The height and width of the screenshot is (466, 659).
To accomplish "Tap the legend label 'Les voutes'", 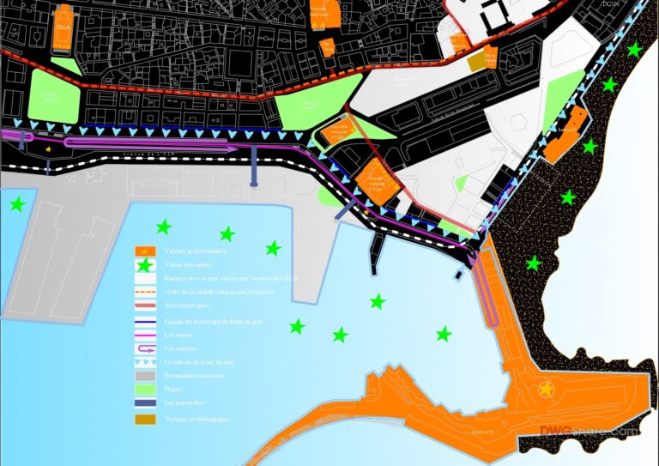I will (178, 335).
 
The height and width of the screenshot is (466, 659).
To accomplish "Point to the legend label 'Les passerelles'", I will (184, 402).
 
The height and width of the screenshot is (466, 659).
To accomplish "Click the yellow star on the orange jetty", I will (545, 390).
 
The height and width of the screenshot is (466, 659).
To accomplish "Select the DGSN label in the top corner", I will (610, 5).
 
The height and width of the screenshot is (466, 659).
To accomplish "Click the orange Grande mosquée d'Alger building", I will (375, 181).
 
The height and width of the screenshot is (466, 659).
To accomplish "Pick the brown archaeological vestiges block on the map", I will (476, 63).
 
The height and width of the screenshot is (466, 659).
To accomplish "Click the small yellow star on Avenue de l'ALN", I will (48, 150).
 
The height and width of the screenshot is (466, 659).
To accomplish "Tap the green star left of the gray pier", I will (16, 204).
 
